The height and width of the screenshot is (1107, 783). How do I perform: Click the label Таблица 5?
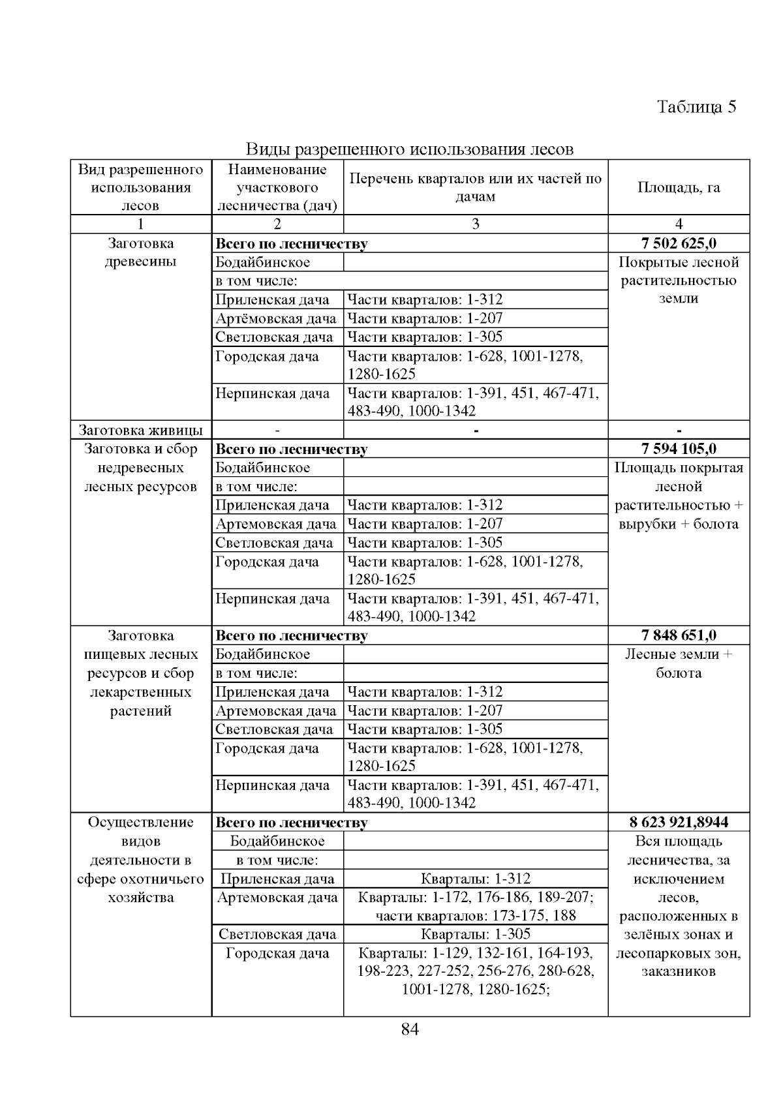click(x=696, y=107)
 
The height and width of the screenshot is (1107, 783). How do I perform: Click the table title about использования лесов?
click(x=409, y=149)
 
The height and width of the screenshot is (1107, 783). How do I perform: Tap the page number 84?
click(x=410, y=1029)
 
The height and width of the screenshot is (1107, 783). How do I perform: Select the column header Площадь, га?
click(x=679, y=187)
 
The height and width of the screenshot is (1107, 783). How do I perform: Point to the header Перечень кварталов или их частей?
click(x=475, y=187)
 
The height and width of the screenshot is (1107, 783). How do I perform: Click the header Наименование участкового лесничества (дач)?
click(x=277, y=187)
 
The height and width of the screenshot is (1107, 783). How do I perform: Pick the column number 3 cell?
click(x=475, y=224)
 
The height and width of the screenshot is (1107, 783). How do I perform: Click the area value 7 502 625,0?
click(x=679, y=244)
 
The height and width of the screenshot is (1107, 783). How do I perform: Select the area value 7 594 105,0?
click(x=679, y=449)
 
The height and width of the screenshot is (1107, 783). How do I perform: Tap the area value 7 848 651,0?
click(x=679, y=635)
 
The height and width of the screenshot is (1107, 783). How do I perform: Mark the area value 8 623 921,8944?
click(x=679, y=822)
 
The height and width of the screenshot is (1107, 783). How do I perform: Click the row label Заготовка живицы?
click(x=141, y=430)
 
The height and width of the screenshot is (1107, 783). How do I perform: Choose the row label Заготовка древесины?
click(x=141, y=252)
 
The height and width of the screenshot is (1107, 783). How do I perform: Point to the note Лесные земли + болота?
click(x=679, y=663)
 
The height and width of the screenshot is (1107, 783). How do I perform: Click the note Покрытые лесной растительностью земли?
click(x=679, y=281)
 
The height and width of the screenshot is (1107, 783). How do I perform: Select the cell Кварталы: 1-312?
click(x=475, y=879)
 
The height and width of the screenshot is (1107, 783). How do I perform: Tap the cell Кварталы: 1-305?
click(x=475, y=934)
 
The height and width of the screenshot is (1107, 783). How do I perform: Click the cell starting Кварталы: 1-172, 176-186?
click(x=475, y=906)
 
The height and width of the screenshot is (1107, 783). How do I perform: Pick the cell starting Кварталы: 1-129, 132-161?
click(x=475, y=971)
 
